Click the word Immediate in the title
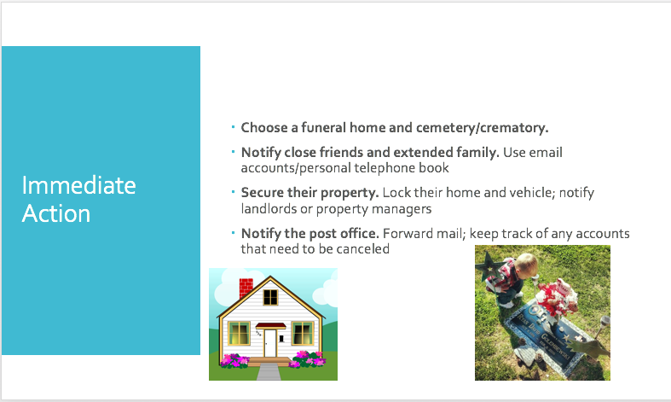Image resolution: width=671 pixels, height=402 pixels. click(x=78, y=185)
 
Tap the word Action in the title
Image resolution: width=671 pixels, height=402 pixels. click(x=56, y=213)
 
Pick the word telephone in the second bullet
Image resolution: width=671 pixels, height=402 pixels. click(x=385, y=168)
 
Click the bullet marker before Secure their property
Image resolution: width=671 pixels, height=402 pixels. click(x=234, y=191)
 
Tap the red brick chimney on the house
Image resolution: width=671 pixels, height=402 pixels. click(x=246, y=288)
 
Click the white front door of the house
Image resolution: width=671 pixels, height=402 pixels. click(x=270, y=343)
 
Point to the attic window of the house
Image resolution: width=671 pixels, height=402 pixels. click(x=270, y=296)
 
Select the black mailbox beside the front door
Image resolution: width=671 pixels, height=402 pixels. click(x=281, y=339)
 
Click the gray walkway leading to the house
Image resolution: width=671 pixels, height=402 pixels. click(x=269, y=371)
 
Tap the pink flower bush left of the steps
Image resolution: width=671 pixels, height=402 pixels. click(x=234, y=360)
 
